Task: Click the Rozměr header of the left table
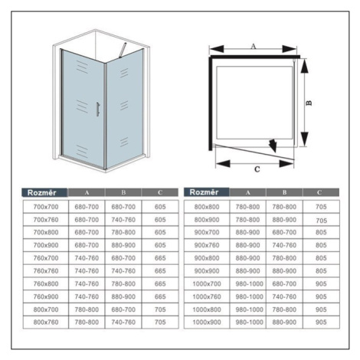(41, 192)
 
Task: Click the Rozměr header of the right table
(204, 192)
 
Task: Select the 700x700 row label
(46, 207)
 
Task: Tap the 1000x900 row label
(207, 322)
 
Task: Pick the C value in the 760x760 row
(160, 271)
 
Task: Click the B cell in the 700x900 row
(123, 245)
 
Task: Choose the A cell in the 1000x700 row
(249, 283)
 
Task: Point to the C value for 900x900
(321, 271)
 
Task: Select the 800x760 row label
(46, 322)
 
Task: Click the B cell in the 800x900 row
(284, 220)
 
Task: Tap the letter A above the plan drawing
(253, 47)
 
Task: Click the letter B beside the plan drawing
(309, 103)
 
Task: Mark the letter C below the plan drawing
(257, 169)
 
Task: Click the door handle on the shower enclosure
(98, 110)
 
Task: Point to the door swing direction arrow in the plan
(273, 146)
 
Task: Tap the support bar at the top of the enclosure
(123, 49)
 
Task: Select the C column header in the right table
(319, 192)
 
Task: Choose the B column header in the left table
(123, 192)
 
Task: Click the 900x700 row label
(207, 232)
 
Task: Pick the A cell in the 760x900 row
(87, 296)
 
